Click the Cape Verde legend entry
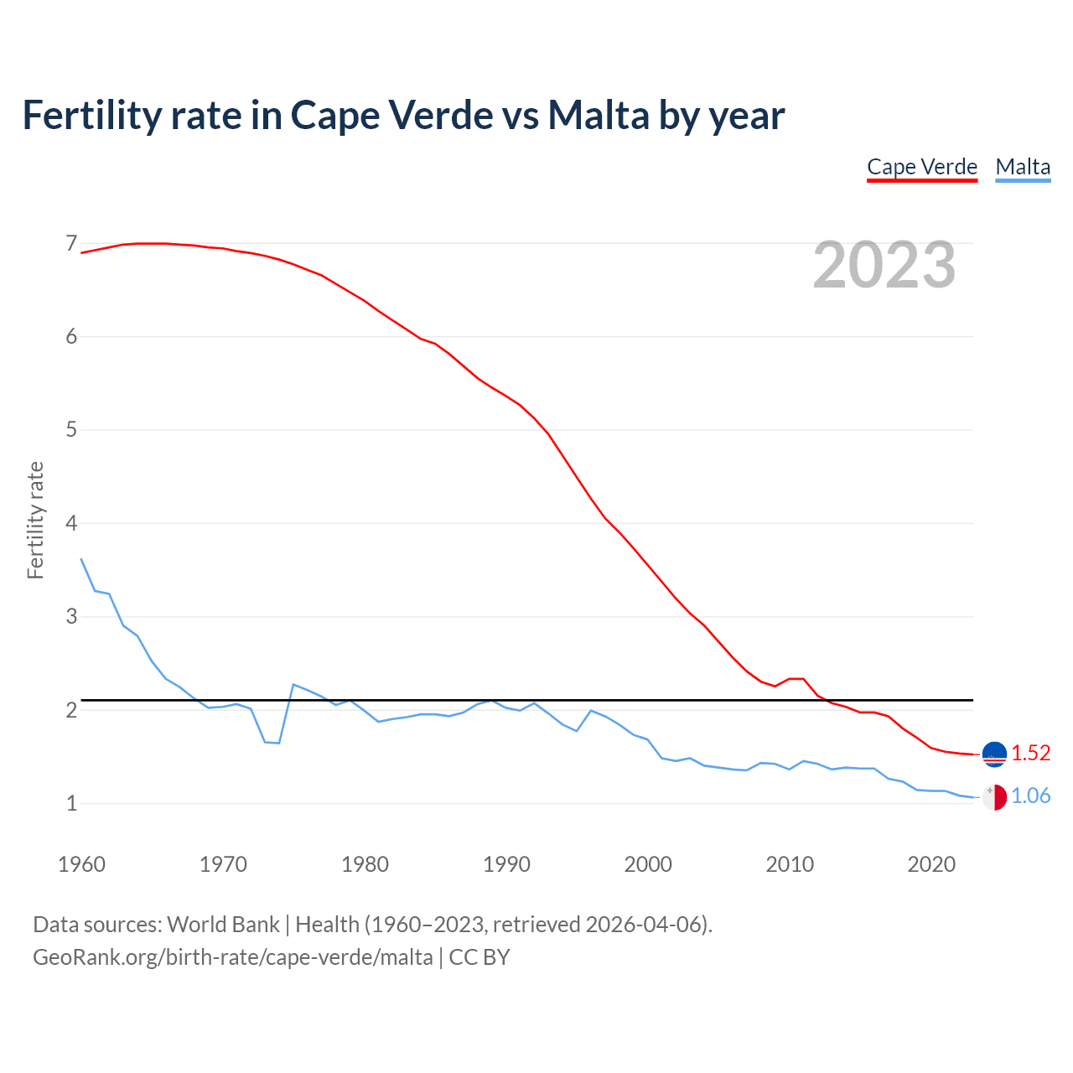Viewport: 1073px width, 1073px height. tap(922, 167)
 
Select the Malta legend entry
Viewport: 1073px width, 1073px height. tap(1023, 167)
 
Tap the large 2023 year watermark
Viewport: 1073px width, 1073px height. tap(884, 265)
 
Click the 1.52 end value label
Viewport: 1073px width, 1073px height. tap(1030, 753)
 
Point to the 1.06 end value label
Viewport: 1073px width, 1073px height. tap(1030, 796)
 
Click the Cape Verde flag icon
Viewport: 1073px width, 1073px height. tap(994, 754)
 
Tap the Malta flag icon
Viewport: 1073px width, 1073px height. tap(994, 797)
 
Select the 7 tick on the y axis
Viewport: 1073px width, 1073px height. tap(71, 244)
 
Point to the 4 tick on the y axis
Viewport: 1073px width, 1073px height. tap(71, 524)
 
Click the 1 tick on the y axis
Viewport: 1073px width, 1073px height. tap(71, 804)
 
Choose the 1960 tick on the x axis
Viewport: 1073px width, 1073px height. tap(81, 864)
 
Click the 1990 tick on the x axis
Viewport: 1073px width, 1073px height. tap(506, 864)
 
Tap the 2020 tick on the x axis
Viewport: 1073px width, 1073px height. tap(931, 864)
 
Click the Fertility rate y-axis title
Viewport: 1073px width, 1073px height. tap(35, 520)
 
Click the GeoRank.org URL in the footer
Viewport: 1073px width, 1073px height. tap(232, 956)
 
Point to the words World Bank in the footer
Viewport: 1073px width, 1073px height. tap(223, 924)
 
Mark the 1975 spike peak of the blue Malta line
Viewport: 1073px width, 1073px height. tap(293, 684)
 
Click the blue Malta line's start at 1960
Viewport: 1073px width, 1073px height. tap(81, 558)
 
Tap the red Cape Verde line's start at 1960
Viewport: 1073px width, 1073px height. tap(81, 252)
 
